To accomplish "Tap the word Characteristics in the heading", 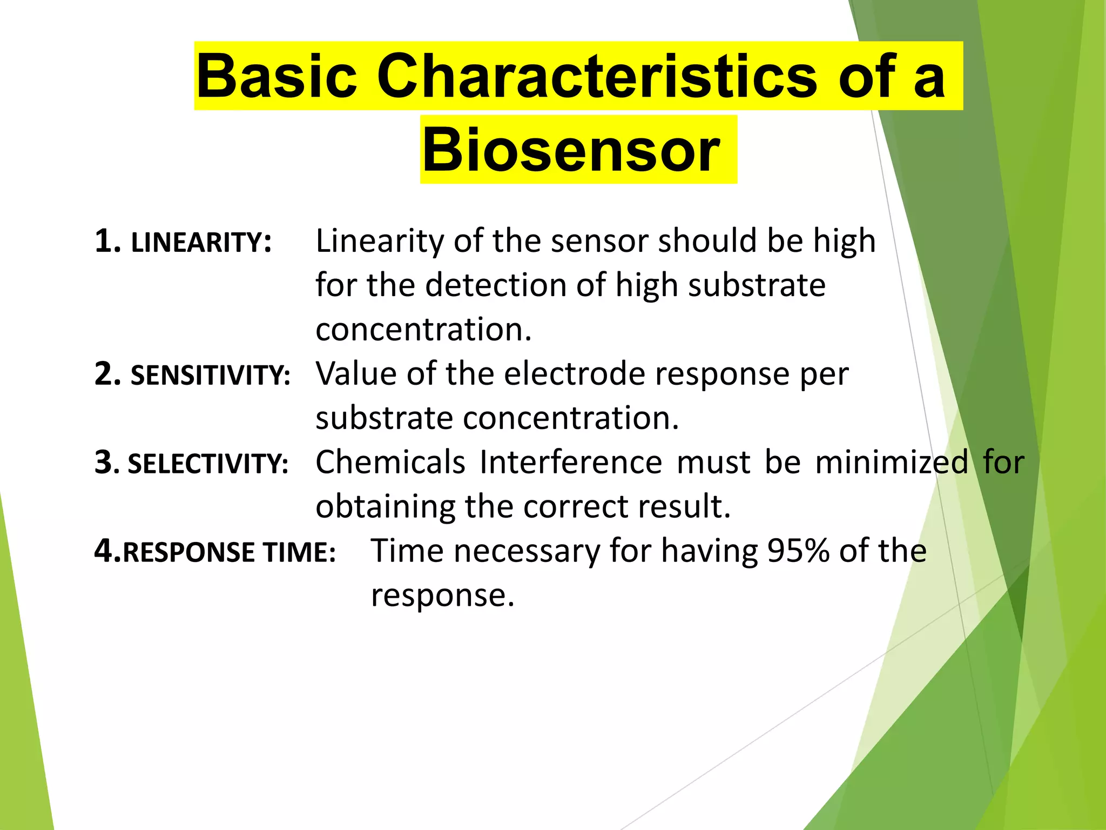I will [x=597, y=76].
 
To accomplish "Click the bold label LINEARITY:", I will [x=201, y=242].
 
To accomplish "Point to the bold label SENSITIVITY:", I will [x=210, y=375].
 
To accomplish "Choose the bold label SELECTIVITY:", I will [x=208, y=464].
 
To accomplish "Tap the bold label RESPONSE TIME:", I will [x=229, y=552].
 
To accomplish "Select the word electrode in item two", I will [x=574, y=374].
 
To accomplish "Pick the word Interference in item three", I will [x=570, y=463].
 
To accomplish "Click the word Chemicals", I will [x=390, y=463].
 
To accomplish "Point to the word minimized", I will [x=892, y=463].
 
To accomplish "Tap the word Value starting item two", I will [x=356, y=374].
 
